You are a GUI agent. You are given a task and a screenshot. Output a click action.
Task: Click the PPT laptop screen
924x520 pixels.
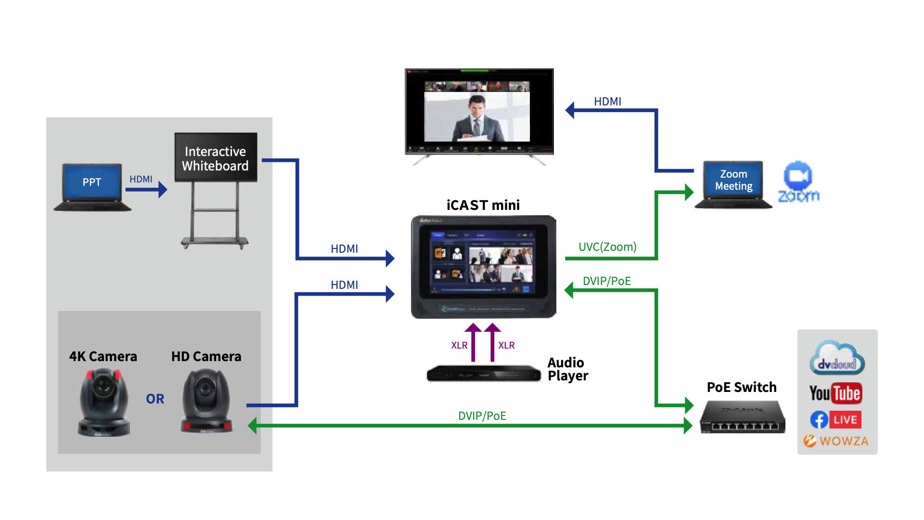tap(91, 182)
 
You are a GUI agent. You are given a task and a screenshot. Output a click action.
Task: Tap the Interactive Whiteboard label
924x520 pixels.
tap(215, 158)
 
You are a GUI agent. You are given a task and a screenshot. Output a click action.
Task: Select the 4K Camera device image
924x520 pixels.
tap(103, 403)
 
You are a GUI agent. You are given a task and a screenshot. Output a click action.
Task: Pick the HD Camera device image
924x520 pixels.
tap(206, 401)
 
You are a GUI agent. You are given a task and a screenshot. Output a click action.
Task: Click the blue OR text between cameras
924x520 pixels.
tap(155, 399)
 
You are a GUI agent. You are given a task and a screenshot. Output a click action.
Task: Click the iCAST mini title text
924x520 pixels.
tap(483, 205)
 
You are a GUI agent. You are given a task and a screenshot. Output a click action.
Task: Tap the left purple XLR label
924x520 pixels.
tap(459, 345)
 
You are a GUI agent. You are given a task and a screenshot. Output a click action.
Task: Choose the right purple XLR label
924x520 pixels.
tap(506, 345)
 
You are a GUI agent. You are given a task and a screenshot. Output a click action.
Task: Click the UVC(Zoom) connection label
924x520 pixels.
tap(607, 247)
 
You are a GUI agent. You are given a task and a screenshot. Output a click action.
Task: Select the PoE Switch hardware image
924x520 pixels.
tap(742, 418)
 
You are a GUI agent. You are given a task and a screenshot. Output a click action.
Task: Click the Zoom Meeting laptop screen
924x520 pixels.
tap(733, 180)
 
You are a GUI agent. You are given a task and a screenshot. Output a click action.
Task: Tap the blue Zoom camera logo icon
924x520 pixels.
tap(798, 176)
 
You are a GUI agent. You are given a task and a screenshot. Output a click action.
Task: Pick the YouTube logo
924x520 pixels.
tap(836, 393)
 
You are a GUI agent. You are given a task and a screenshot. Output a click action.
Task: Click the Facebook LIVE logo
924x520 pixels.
tap(836, 420)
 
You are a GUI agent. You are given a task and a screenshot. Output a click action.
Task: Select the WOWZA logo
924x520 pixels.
tap(836, 441)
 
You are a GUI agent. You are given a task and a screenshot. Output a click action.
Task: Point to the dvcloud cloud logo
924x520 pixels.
tap(837, 359)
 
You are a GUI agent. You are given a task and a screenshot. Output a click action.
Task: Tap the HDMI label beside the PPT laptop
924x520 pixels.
tap(141, 179)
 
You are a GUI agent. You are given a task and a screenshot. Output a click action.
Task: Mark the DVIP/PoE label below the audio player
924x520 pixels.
tap(482, 416)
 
